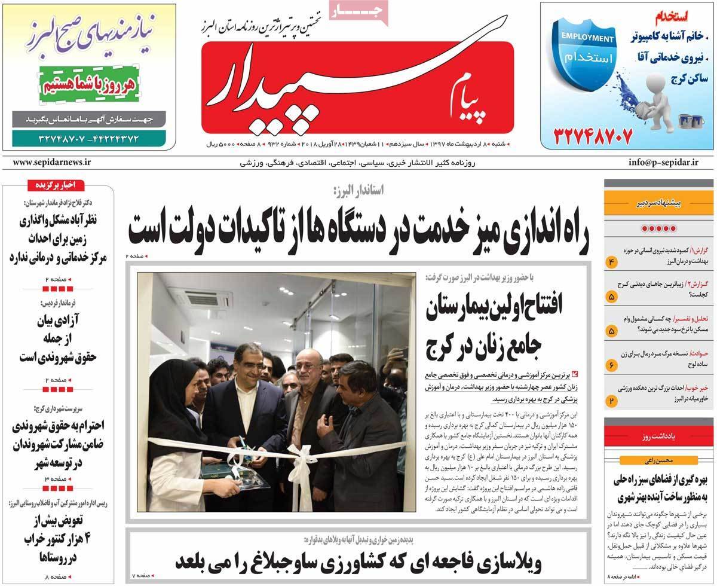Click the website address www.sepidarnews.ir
click(x=51, y=161)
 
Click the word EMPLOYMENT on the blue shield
click(x=587, y=39)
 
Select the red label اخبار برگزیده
click(x=57, y=186)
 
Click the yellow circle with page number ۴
click(x=612, y=263)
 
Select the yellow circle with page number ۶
click(x=612, y=364)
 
